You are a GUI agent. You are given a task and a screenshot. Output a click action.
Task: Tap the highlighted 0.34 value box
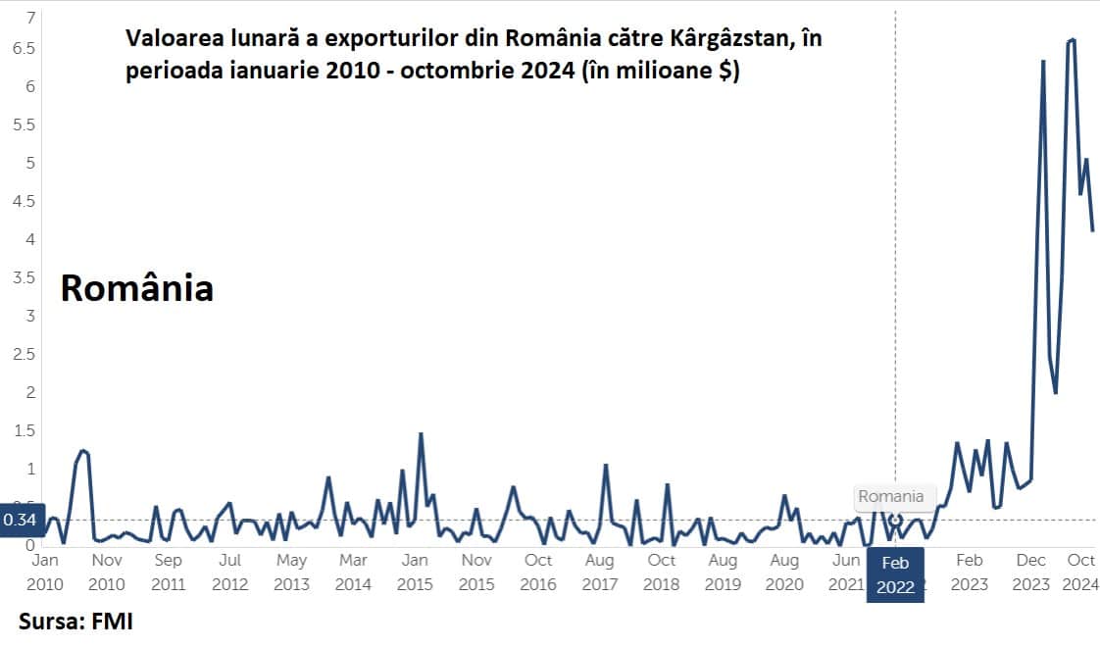click(20, 520)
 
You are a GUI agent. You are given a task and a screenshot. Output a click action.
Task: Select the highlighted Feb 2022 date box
click(895, 575)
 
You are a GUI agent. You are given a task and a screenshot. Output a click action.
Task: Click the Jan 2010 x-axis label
click(45, 572)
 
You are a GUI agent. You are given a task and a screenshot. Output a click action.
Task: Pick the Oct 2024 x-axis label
click(1080, 572)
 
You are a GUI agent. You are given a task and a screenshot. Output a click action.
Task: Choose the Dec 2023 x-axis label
click(1030, 572)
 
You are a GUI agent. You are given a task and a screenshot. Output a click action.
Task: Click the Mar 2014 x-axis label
click(353, 572)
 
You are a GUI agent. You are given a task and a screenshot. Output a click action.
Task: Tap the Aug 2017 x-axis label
click(599, 572)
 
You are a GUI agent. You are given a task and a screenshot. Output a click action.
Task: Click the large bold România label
click(137, 288)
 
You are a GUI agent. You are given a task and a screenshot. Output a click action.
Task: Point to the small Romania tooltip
click(890, 496)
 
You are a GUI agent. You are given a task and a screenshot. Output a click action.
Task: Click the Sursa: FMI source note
click(75, 622)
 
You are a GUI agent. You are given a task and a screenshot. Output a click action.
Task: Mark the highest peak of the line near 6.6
click(1074, 40)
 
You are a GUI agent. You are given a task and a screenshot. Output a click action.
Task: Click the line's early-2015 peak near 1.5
click(421, 433)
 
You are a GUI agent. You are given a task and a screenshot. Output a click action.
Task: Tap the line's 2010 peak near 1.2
click(84, 450)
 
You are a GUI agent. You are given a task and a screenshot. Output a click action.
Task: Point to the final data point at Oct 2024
click(1092, 230)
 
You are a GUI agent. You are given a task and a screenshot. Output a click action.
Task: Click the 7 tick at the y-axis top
click(30, 18)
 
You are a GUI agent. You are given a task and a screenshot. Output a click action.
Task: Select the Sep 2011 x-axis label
click(168, 572)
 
